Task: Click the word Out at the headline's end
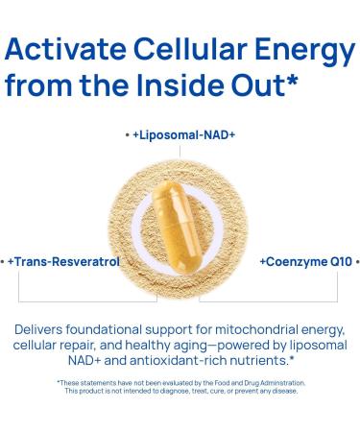(x=257, y=85)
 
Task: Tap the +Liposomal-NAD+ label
(x=184, y=135)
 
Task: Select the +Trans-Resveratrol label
(x=63, y=261)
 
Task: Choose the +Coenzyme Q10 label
(x=304, y=261)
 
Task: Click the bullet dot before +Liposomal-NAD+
(x=127, y=135)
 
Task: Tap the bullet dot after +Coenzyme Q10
(x=357, y=261)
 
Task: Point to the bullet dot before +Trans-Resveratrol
(x=3, y=261)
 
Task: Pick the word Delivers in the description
(x=39, y=328)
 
